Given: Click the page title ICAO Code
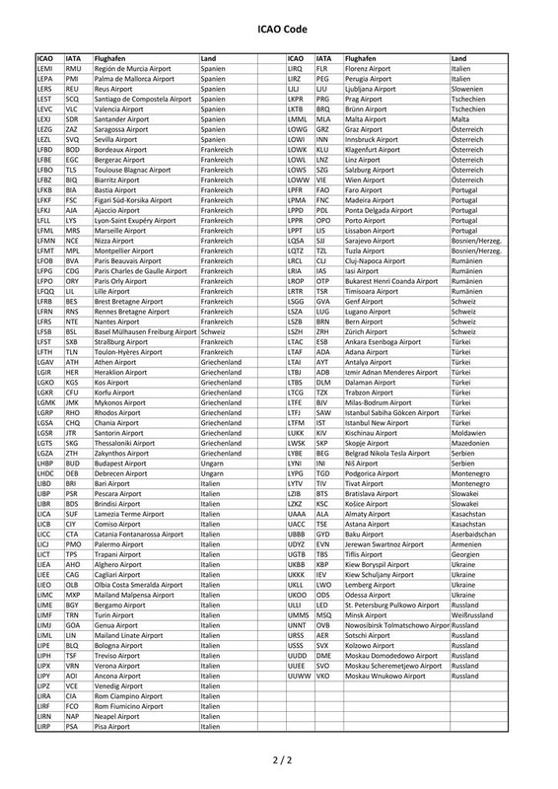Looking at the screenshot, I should point(279,31).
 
